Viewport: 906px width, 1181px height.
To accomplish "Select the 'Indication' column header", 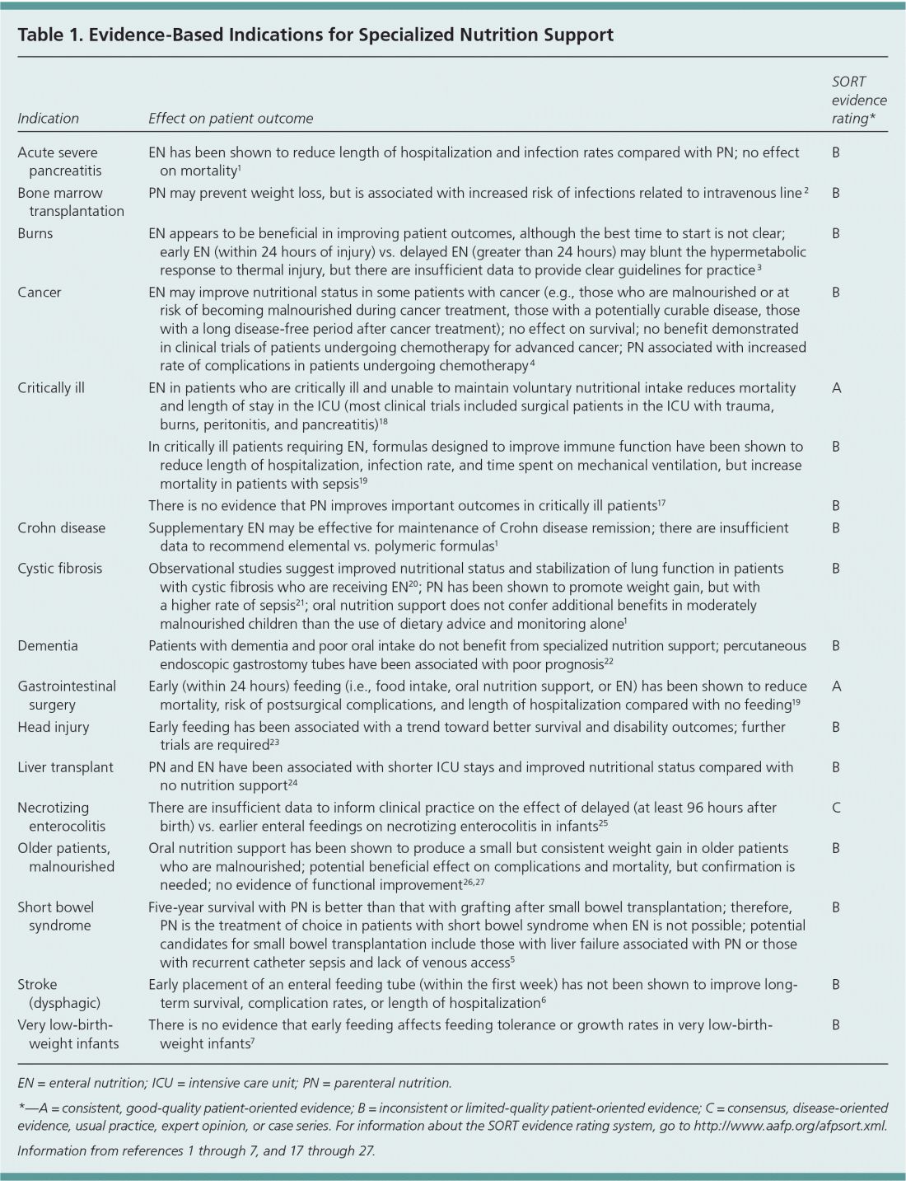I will click(x=48, y=119).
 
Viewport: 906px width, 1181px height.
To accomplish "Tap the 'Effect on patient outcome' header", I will click(x=231, y=119).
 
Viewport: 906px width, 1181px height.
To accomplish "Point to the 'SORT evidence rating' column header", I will click(x=859, y=101).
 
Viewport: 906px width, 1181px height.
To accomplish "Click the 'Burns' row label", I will click(x=35, y=233).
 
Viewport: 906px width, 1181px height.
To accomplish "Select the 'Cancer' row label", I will click(x=39, y=293).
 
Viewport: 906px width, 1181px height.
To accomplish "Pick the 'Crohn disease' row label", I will click(x=61, y=528).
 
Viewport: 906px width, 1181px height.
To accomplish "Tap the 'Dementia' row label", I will click(x=48, y=646).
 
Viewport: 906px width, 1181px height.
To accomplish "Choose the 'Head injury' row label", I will click(x=53, y=728).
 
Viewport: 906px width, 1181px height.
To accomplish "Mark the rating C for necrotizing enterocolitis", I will click(x=836, y=808).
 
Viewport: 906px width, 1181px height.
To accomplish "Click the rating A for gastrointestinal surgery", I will click(x=836, y=687).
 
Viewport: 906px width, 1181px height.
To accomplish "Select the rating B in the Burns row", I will click(x=836, y=233).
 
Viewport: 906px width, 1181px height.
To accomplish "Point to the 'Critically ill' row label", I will click(x=50, y=387).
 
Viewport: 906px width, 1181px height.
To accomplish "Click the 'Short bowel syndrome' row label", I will click(x=55, y=916).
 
